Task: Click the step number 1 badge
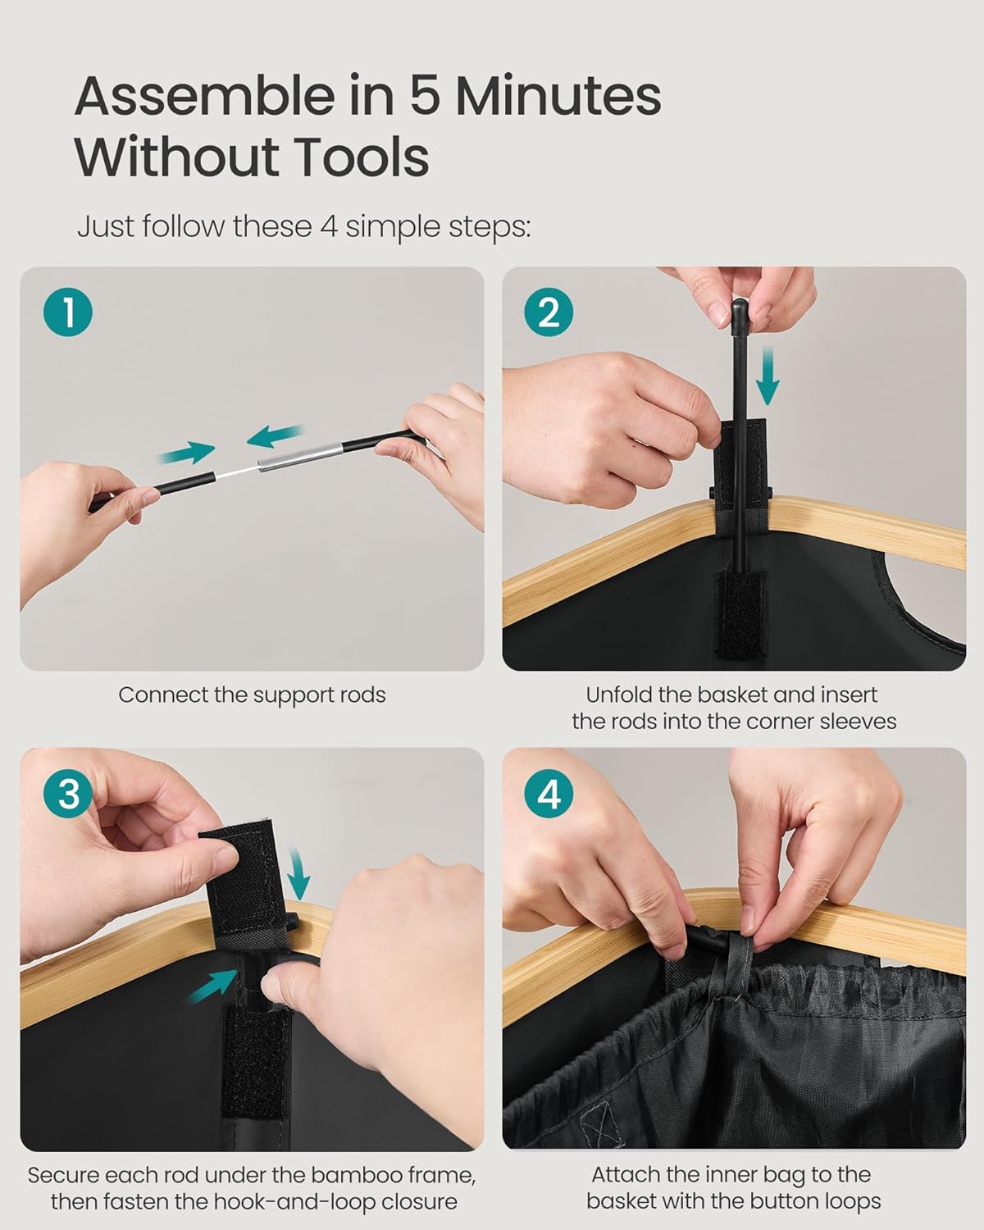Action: pos(69,313)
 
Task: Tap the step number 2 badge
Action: pos(549,313)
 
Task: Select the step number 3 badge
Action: pos(69,795)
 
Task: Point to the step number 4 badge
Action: pos(549,795)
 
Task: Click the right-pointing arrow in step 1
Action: pos(188,451)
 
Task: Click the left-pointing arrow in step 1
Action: pos(276,436)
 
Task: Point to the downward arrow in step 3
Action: pos(298,872)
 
